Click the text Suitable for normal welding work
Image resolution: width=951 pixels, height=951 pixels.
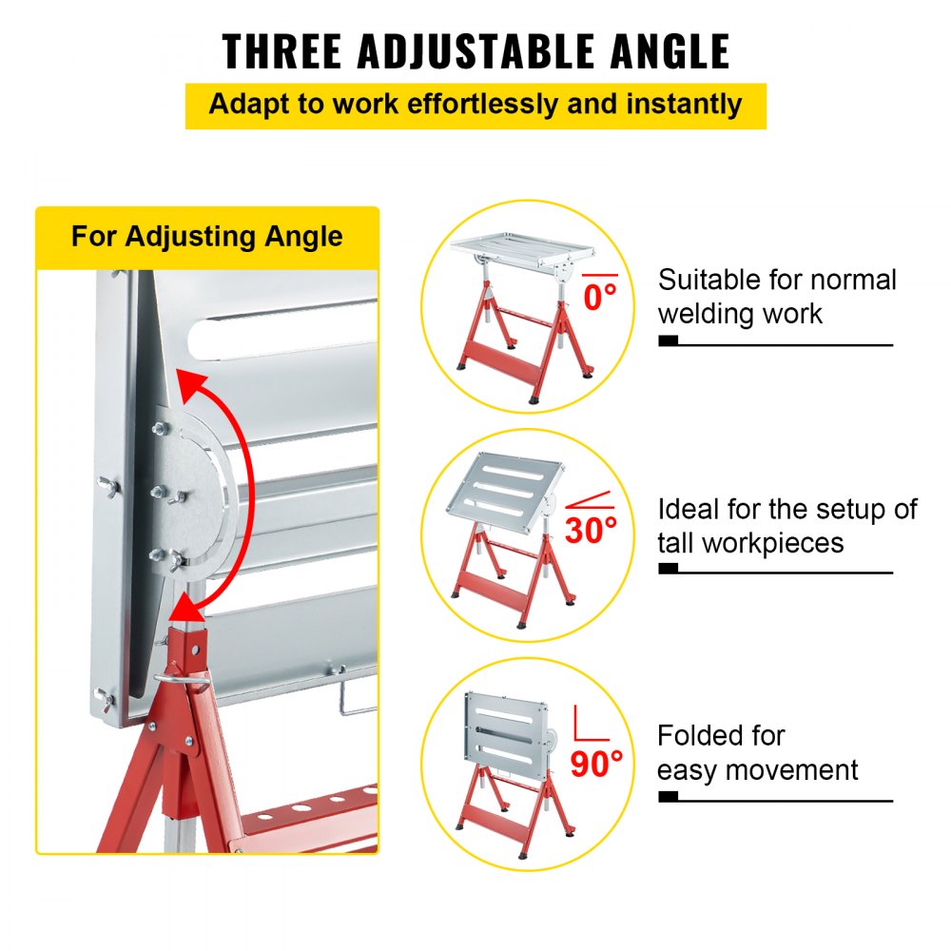tap(776, 296)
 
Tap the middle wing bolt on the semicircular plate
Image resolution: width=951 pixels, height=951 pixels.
tap(161, 492)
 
